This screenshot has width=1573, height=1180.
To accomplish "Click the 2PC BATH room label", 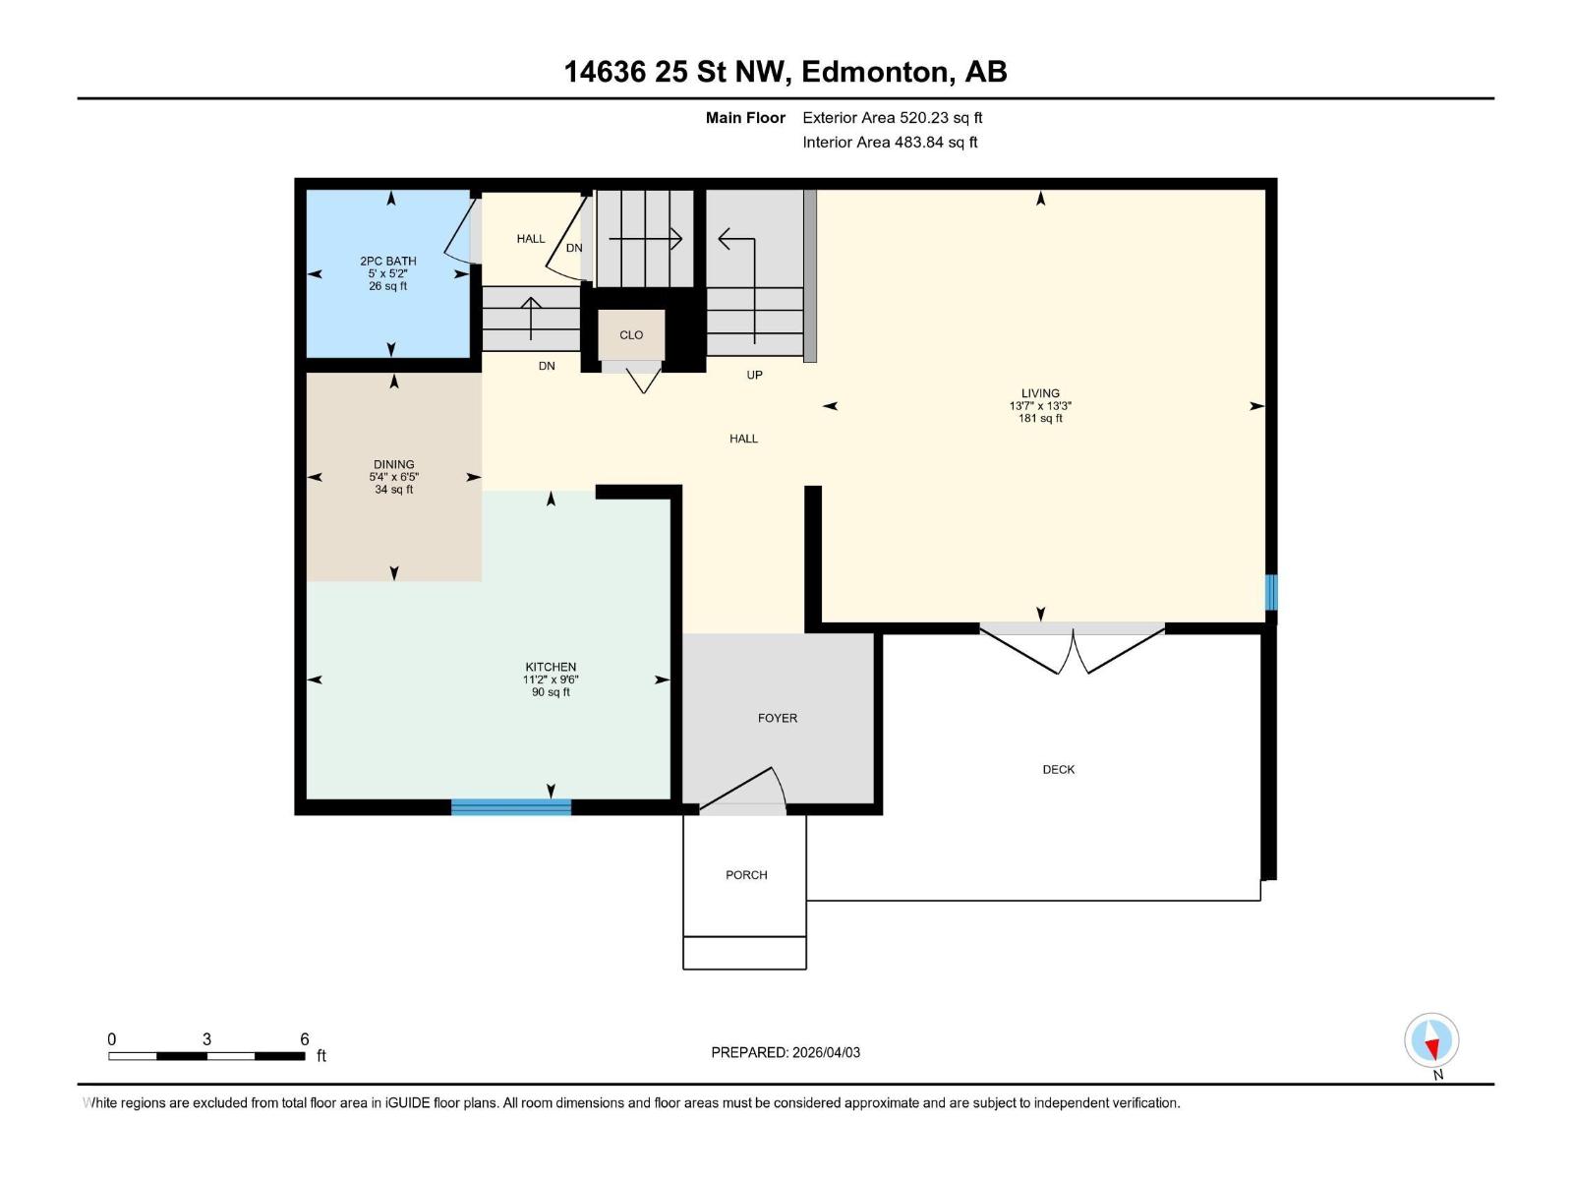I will tap(387, 261).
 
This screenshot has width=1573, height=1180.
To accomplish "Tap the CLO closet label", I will tap(631, 335).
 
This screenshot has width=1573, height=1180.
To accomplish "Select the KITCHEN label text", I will tap(551, 667).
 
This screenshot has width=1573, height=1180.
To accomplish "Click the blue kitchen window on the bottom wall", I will tap(511, 807).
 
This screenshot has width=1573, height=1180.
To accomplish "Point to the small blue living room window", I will tap(1270, 593).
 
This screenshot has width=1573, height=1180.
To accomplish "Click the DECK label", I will tap(1059, 770).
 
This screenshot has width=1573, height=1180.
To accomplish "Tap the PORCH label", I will tap(746, 875).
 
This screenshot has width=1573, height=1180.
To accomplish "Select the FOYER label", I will tap(778, 719).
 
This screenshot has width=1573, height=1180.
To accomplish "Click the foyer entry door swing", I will tap(745, 792).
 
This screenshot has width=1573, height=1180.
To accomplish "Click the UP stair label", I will tap(754, 375).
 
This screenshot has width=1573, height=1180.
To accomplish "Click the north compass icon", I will tap(1431, 1041).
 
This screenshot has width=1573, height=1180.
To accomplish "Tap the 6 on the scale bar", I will tap(305, 1039).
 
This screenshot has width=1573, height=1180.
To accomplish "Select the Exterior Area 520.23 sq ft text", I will tap(892, 118).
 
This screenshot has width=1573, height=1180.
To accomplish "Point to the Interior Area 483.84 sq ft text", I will tap(890, 143).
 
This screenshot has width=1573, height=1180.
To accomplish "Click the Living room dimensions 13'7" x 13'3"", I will tap(1040, 406).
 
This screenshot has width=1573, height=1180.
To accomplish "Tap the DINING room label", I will tap(393, 464).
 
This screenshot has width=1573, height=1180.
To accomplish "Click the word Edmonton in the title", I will tap(876, 72).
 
